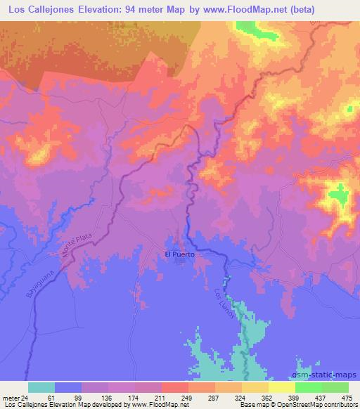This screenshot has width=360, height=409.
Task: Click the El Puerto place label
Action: tap(179, 254)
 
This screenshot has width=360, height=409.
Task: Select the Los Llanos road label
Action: tap(219, 304)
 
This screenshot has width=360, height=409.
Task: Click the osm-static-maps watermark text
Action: tap(328, 378)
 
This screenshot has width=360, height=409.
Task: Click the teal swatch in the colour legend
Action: tap(41, 387)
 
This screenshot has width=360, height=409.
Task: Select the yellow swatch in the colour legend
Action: tap(281, 387)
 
